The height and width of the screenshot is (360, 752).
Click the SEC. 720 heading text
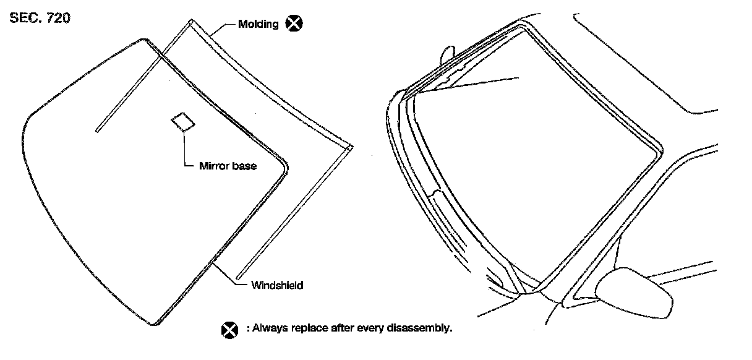(x=40, y=18)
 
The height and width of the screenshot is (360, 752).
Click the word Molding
(x=259, y=24)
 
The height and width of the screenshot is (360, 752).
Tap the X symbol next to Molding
(x=295, y=24)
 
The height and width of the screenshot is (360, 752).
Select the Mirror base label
(x=228, y=166)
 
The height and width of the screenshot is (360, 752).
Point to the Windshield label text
(x=277, y=285)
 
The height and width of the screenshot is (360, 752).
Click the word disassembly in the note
(x=426, y=328)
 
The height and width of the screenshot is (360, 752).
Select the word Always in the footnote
(x=267, y=328)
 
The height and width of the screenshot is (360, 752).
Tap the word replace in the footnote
(x=306, y=328)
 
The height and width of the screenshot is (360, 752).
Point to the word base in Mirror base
(x=245, y=166)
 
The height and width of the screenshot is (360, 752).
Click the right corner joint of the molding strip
(x=350, y=148)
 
